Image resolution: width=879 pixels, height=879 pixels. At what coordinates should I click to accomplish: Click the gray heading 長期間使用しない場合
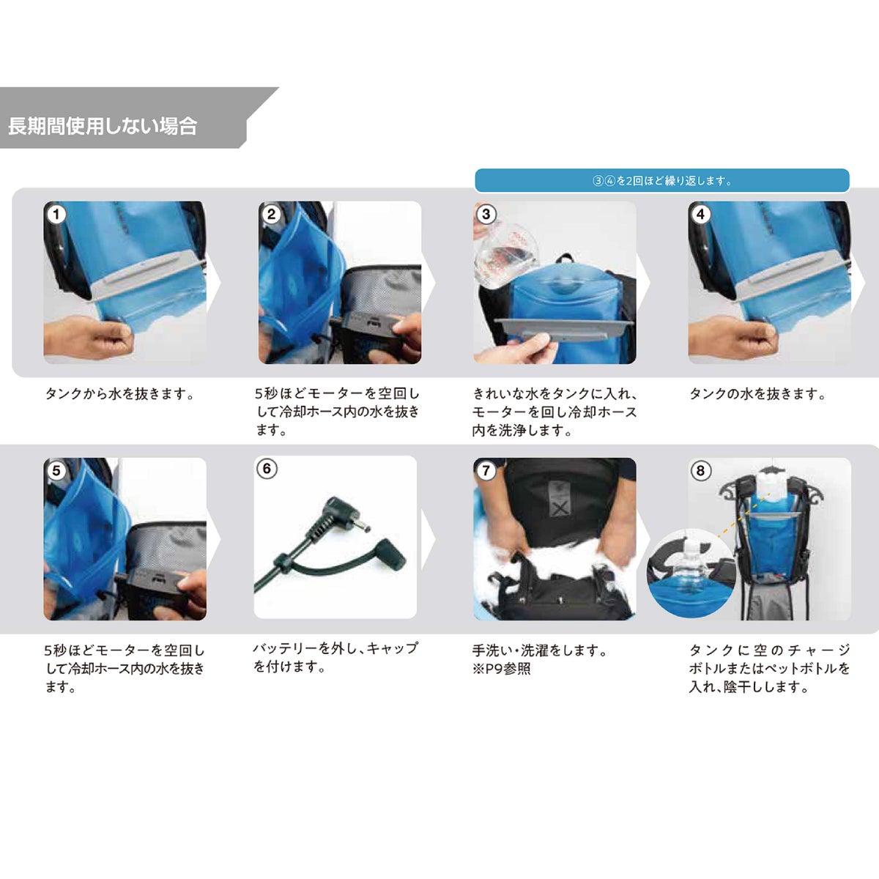103,126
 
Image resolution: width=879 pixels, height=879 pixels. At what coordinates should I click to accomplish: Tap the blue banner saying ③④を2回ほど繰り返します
662,181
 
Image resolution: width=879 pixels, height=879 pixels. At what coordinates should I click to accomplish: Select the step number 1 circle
56,214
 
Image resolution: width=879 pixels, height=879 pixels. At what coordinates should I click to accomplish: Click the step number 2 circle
272,214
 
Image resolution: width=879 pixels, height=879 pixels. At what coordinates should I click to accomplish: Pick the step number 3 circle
486,214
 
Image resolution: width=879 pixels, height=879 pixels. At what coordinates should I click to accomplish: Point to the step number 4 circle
701,214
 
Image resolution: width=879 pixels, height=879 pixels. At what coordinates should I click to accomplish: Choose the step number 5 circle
56,470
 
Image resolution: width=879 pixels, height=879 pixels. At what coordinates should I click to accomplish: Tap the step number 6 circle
267,469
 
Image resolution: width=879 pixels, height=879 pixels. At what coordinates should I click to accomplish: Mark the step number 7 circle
486,470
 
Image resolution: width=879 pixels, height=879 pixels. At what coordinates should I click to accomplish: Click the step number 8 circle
701,470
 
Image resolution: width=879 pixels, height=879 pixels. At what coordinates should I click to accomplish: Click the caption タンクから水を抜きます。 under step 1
120,393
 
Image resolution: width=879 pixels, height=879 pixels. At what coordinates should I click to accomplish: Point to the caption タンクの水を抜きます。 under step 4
757,393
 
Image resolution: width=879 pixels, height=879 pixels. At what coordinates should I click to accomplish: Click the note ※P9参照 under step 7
501,669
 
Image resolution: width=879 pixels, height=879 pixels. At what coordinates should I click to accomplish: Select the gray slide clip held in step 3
564,330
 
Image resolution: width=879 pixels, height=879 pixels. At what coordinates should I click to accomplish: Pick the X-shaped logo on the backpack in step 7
560,508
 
